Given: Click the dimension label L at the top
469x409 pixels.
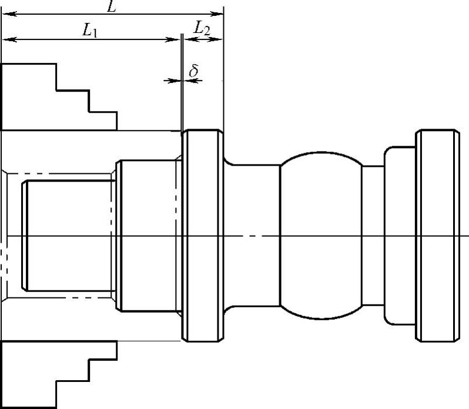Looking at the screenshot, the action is pos(110,6).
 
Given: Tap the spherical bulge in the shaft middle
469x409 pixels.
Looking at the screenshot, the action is pos(320,235).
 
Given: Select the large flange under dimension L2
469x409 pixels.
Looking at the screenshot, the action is pos(203,235).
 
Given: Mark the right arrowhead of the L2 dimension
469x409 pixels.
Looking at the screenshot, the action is pos(220,39).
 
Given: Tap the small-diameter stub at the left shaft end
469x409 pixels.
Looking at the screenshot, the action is pos(68,235).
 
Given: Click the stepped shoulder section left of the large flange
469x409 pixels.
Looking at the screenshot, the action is pos(147,235).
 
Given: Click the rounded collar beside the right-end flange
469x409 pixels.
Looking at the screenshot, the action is pos(400,235).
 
